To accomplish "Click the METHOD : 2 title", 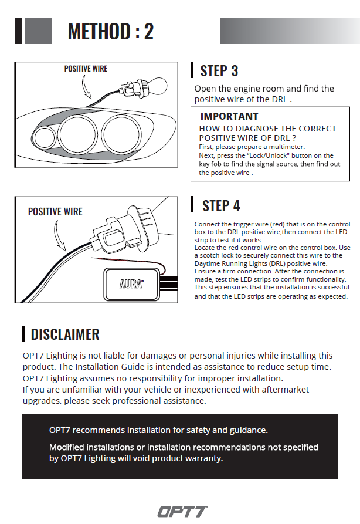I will [x=110, y=31].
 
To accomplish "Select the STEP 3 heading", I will [x=219, y=71].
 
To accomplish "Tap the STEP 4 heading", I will [x=221, y=206].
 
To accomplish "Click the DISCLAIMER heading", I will [x=65, y=334].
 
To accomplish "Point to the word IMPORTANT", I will [x=229, y=116].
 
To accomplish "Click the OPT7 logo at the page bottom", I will [x=182, y=512].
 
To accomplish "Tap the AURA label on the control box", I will [x=131, y=283].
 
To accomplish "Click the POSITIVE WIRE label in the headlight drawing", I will [x=86, y=69].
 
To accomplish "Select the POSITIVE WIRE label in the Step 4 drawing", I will [x=55, y=211].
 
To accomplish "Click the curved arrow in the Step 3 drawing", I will [x=86, y=89].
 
